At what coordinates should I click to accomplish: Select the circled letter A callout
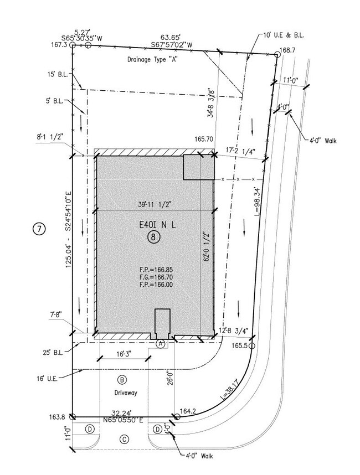161,343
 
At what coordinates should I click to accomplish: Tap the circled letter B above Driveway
122,380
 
